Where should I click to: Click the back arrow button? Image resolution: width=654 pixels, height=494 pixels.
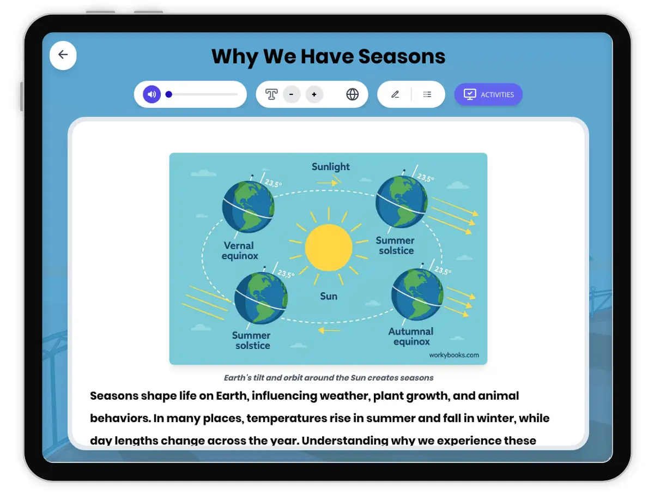63,55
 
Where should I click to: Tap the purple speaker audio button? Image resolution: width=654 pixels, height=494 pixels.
152,94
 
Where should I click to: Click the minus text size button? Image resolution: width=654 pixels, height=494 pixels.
292,94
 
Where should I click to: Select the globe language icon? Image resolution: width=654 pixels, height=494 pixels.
353,94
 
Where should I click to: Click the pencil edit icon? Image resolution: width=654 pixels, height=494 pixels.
395,94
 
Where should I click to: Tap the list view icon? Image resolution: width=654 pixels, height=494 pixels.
427,94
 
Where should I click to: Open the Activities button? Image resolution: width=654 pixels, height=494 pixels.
488,94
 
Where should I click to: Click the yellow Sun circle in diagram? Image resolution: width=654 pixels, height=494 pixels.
329,247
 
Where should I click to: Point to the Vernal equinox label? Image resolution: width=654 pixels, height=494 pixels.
240,250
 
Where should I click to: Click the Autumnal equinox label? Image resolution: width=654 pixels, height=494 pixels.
411,336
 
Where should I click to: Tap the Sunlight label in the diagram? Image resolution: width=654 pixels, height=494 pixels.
331,167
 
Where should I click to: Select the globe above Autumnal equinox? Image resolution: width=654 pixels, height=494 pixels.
417,294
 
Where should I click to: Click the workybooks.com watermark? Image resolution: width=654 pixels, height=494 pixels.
454,355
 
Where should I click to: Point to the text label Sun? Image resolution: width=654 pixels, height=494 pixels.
329,296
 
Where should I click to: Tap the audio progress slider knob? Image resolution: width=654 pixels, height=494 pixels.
169,94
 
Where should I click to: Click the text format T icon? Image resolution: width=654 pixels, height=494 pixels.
271,94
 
